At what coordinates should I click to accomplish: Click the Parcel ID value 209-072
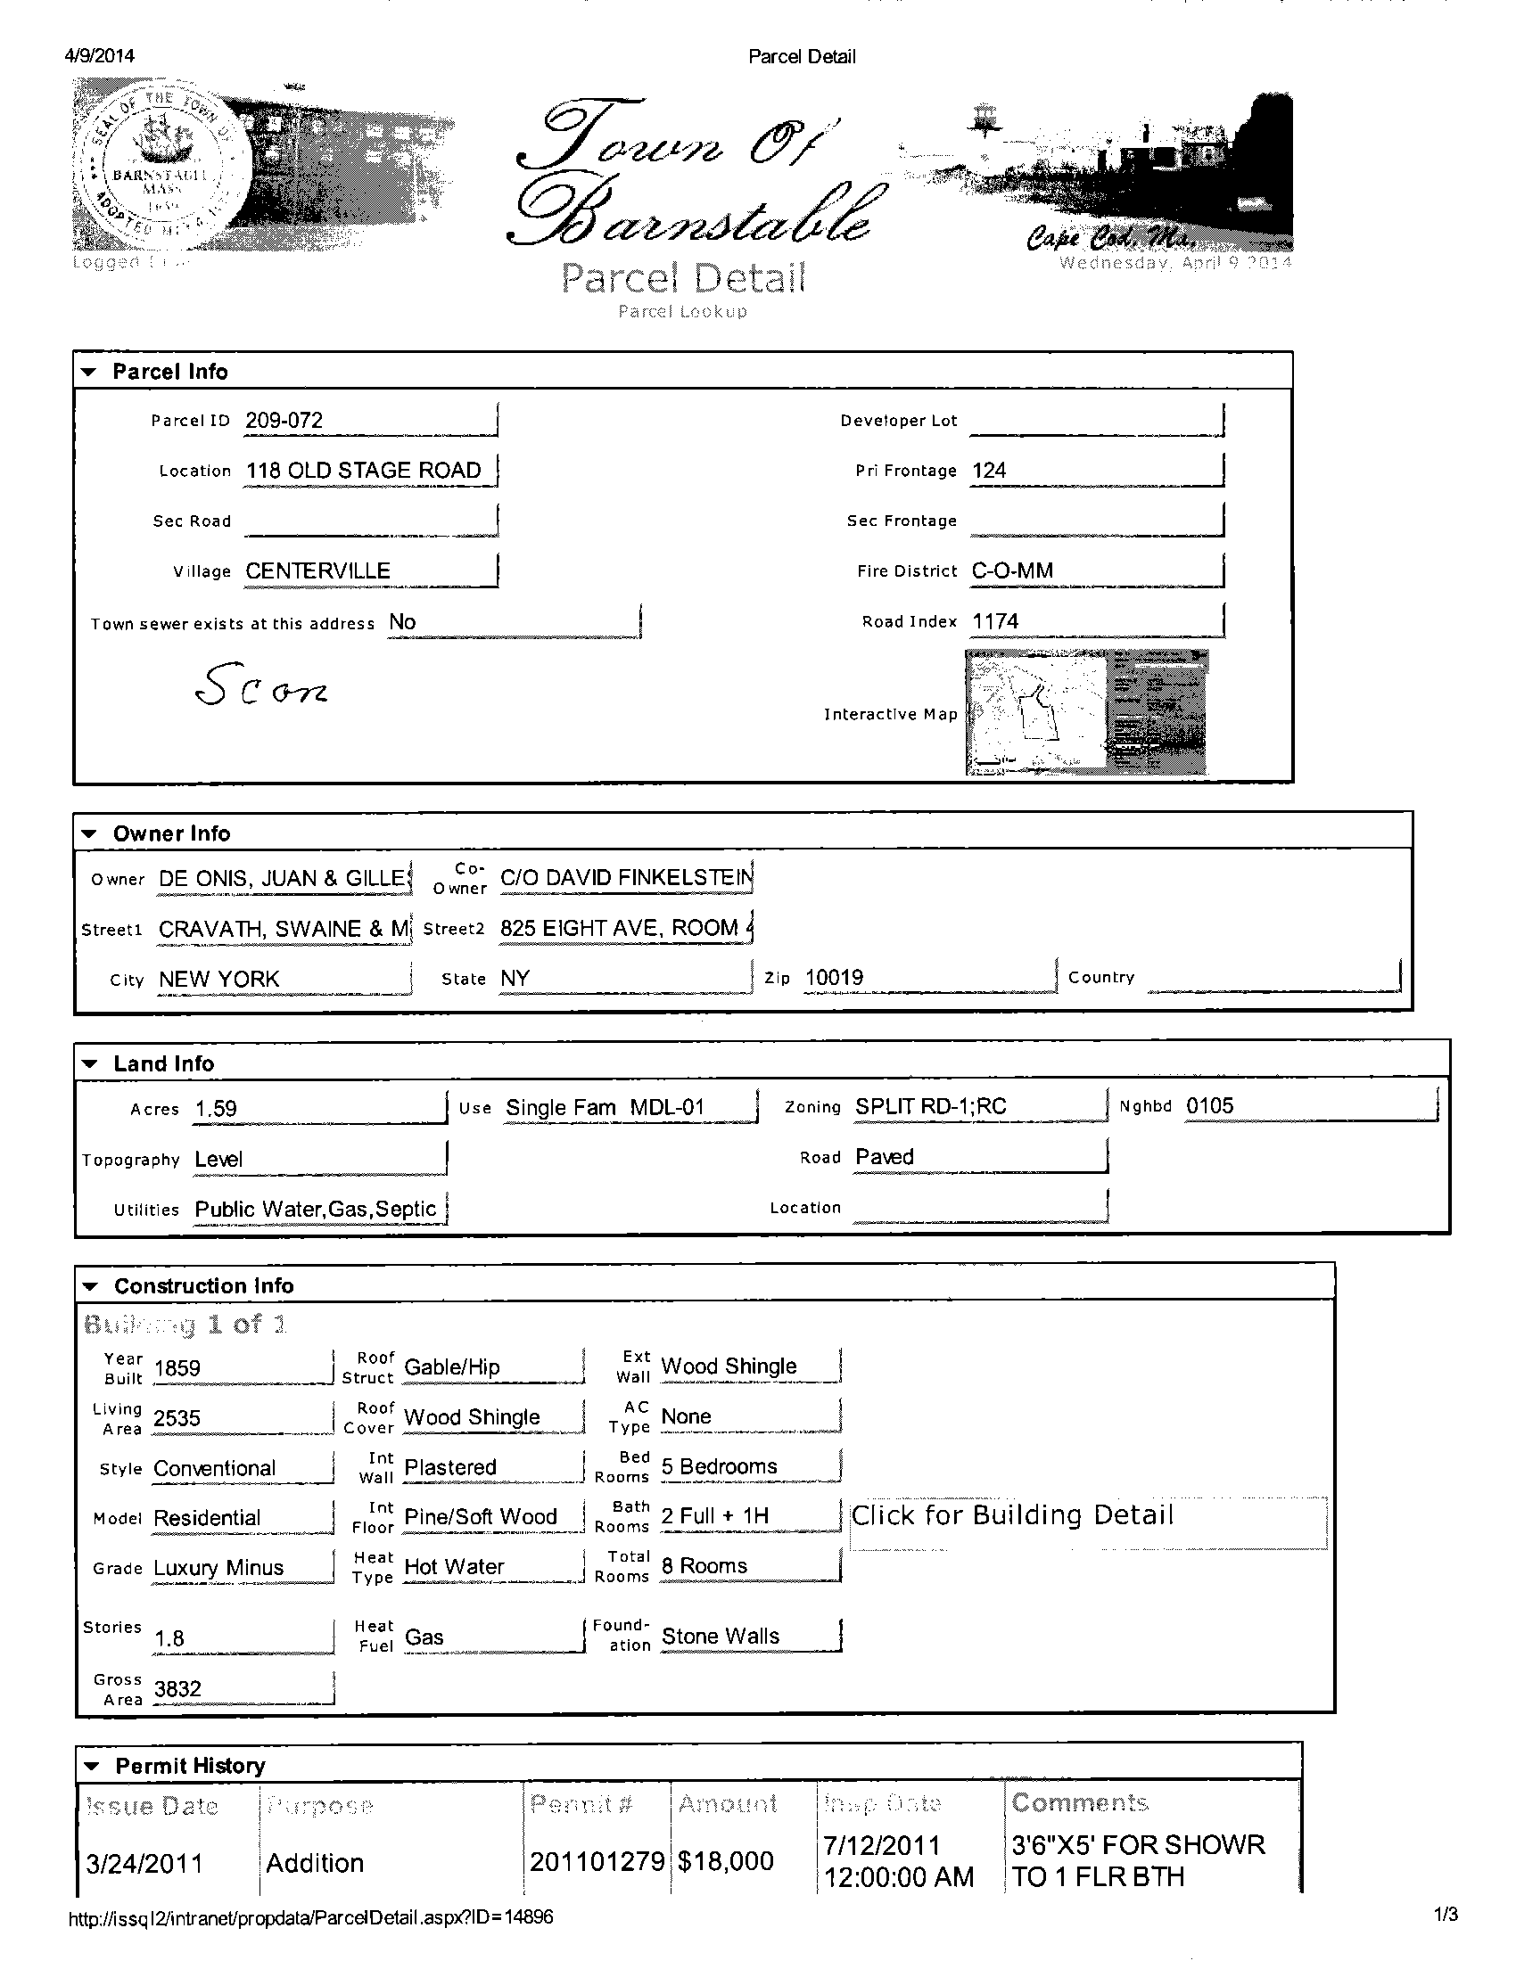tap(284, 420)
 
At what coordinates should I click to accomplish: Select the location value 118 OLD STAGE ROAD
tap(363, 471)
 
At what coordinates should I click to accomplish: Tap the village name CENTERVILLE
tap(317, 571)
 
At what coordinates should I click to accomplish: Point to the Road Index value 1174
tap(995, 621)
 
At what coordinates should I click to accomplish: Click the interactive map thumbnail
tap(1086, 713)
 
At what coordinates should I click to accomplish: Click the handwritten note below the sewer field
tap(260, 686)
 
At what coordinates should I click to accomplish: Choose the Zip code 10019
tap(834, 978)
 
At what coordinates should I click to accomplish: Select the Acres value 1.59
tap(217, 1109)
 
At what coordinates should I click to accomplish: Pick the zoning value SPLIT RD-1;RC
tap(929, 1106)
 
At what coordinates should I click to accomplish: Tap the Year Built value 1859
tap(177, 1368)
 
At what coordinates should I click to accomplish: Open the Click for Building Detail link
tap(1012, 1515)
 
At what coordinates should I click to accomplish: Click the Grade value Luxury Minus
tap(218, 1568)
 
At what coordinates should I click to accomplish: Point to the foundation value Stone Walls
tap(721, 1636)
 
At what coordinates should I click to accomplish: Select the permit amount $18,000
tap(726, 1861)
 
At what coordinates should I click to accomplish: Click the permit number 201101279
tap(597, 1861)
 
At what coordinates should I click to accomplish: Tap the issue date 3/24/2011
tap(144, 1863)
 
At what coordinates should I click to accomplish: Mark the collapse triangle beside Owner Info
tap(89, 834)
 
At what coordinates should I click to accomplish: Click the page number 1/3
tap(1446, 1916)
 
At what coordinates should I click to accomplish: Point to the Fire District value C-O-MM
tap(1012, 571)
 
